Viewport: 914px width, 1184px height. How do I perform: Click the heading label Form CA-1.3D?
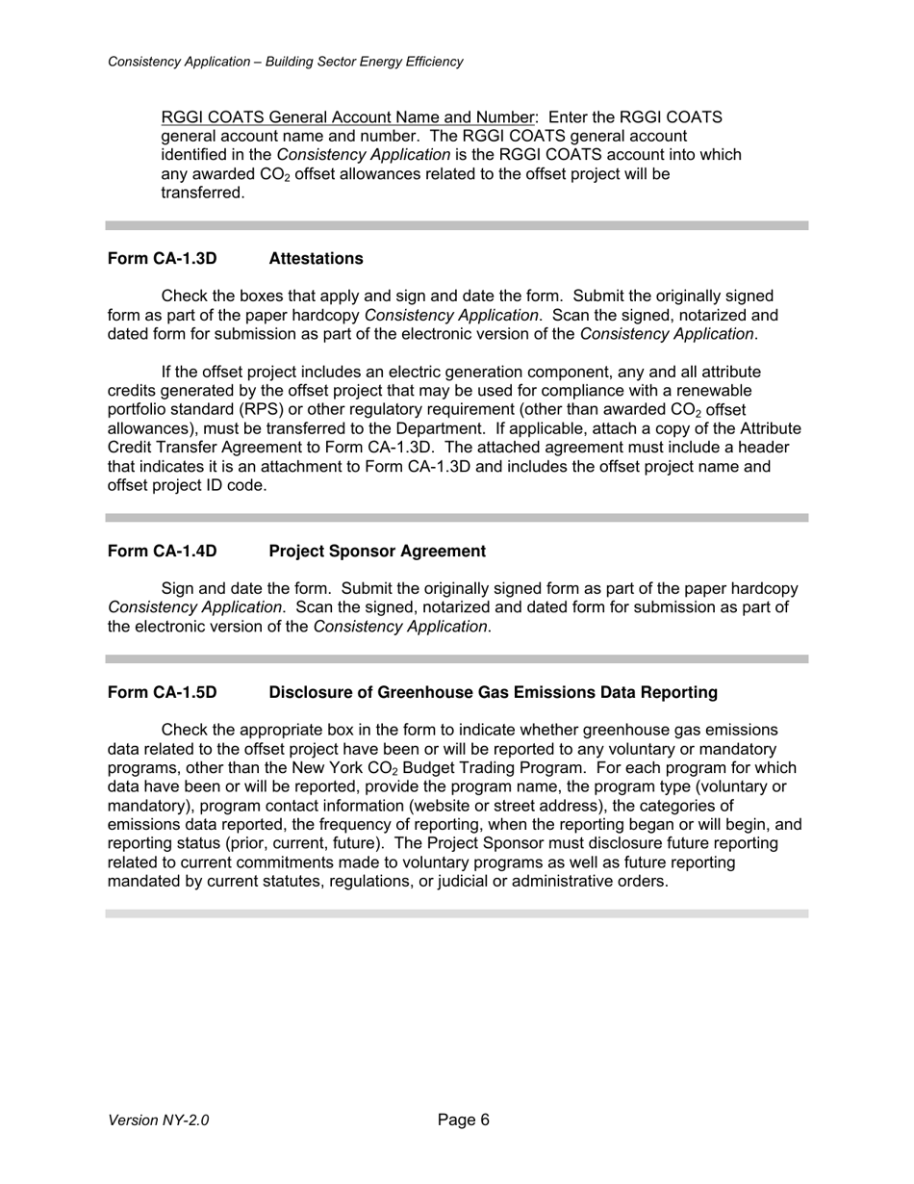pyautogui.click(x=162, y=259)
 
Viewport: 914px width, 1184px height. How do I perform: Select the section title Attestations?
pyautogui.click(x=316, y=259)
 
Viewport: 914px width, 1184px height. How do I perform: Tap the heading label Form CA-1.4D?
pyautogui.click(x=162, y=552)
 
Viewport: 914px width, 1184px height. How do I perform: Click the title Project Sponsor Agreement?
pyautogui.click(x=377, y=552)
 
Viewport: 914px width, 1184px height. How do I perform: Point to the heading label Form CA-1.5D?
pyautogui.click(x=162, y=693)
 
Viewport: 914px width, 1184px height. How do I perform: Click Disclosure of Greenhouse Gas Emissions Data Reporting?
pyautogui.click(x=493, y=693)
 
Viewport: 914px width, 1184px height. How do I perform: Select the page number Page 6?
pyautogui.click(x=463, y=1120)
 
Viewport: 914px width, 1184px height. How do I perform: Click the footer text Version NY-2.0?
pyautogui.click(x=158, y=1120)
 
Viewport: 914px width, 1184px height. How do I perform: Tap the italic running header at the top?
pyautogui.click(x=285, y=62)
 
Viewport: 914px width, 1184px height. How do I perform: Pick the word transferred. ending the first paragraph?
pyautogui.click(x=203, y=193)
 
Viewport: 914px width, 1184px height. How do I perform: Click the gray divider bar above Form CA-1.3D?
pyautogui.click(x=457, y=225)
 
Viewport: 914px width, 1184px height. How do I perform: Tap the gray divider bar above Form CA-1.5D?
pyautogui.click(x=457, y=659)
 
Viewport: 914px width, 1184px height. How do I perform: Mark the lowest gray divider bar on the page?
pyautogui.click(x=457, y=914)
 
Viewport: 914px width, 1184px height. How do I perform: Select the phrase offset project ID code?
pyautogui.click(x=185, y=486)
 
